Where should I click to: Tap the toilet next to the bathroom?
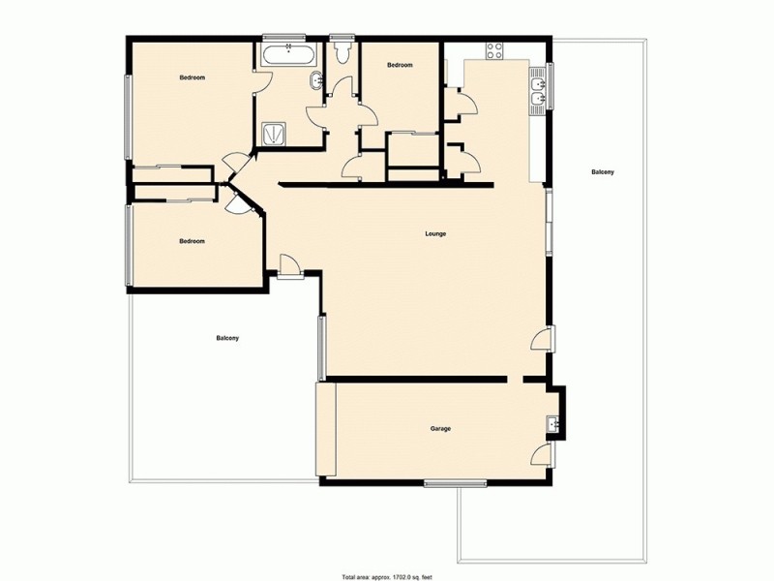pos(341,52)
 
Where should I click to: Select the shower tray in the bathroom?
pos(274,134)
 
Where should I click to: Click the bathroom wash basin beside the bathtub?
pos(316,81)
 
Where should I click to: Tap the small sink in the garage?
pos(553,423)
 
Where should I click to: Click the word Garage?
pos(440,428)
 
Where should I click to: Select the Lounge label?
pos(434,234)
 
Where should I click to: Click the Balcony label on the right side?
pos(602,172)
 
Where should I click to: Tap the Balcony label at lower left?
pos(227,338)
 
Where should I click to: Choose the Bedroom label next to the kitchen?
pos(400,65)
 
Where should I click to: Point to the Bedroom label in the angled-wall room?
pos(192,241)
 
